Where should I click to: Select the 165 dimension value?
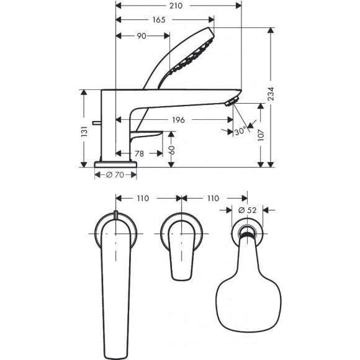pos(159,20)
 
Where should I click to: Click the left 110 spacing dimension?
pos(144,199)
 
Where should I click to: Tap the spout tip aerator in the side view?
pos(233,101)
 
